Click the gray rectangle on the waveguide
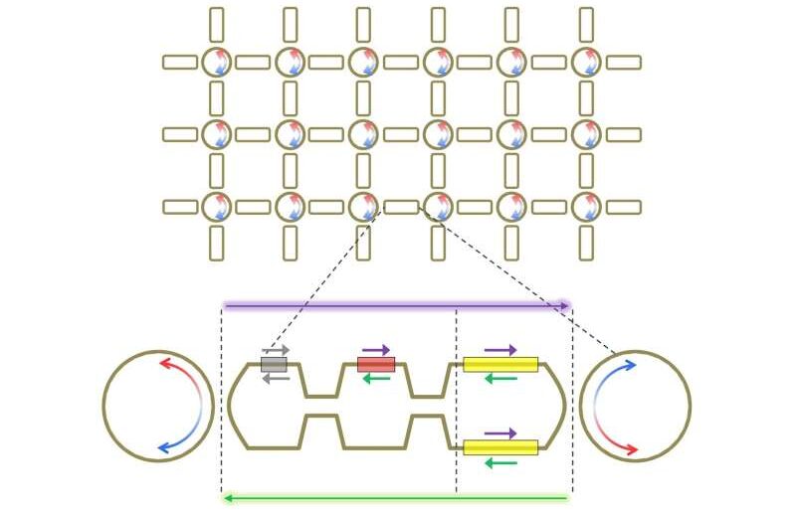tap(274, 365)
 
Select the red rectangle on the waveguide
tap(376, 365)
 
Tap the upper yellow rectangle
tap(500, 365)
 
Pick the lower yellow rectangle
tap(500, 447)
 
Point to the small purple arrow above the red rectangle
tap(376, 350)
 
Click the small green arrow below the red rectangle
tap(376, 379)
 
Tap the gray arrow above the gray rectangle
tap(276, 351)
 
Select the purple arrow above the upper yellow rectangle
tap(500, 350)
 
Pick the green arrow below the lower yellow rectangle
tap(500, 462)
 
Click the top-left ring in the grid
tap(216, 62)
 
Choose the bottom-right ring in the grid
tap(586, 207)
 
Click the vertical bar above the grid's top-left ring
tap(217, 25)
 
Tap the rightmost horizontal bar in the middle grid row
tap(623, 134)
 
